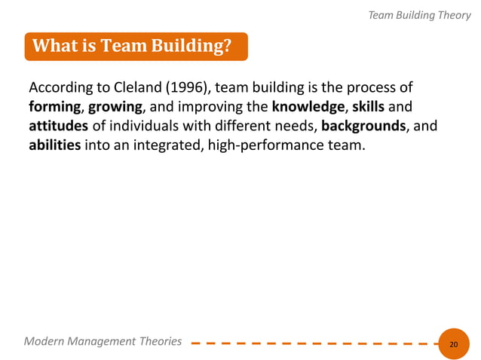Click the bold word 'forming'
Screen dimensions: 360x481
[x=54, y=105]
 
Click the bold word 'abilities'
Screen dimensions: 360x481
[x=55, y=144]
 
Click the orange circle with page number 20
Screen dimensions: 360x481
[x=453, y=343]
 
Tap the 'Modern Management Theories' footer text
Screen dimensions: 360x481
[x=103, y=341]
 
